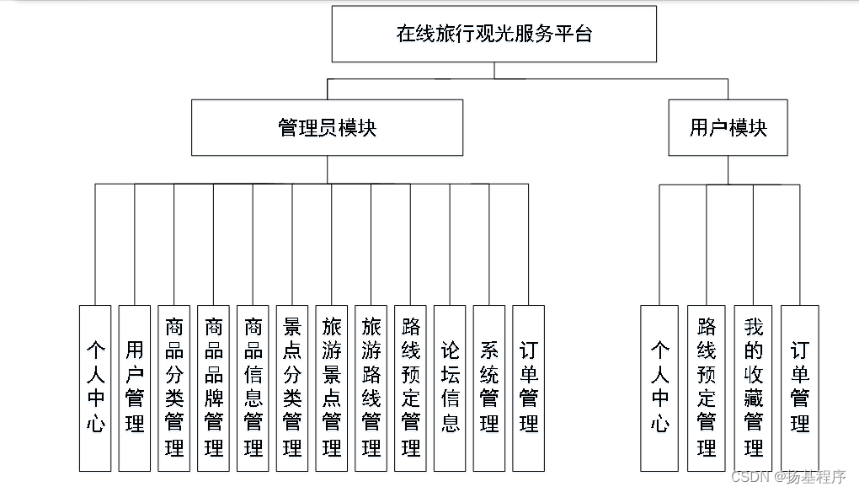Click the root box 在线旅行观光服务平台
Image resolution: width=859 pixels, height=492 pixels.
pyautogui.click(x=494, y=34)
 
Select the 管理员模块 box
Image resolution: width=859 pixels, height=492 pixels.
pyautogui.click(x=327, y=127)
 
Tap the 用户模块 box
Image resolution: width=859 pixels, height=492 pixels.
pyautogui.click(x=728, y=127)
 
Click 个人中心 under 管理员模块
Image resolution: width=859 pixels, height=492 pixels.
pyautogui.click(x=95, y=388)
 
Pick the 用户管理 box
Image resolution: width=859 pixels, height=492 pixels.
pyautogui.click(x=135, y=388)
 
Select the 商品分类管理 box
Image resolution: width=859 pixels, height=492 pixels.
pyautogui.click(x=174, y=388)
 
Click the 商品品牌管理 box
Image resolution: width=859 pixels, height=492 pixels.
pyautogui.click(x=214, y=388)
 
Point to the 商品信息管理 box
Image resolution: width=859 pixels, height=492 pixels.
pyautogui.click(x=253, y=388)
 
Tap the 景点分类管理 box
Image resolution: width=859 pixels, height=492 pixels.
pyautogui.click(x=292, y=388)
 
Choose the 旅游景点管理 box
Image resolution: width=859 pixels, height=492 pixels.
pyautogui.click(x=332, y=388)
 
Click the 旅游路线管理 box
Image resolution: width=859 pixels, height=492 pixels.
pyautogui.click(x=371, y=388)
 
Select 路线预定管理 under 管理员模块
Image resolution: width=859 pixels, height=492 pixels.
pyautogui.click(x=410, y=388)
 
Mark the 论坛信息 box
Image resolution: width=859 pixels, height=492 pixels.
pyautogui.click(x=450, y=388)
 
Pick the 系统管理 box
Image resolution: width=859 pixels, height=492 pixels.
pyautogui.click(x=489, y=388)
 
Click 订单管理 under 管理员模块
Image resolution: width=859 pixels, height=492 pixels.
pyautogui.click(x=528, y=388)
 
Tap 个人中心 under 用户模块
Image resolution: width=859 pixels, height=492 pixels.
pyautogui.click(x=659, y=388)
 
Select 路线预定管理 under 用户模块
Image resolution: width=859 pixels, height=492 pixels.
pyautogui.click(x=706, y=388)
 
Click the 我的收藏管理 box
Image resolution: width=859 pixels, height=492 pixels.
pyautogui.click(x=753, y=388)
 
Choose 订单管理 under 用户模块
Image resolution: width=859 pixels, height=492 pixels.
pyautogui.click(x=800, y=388)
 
